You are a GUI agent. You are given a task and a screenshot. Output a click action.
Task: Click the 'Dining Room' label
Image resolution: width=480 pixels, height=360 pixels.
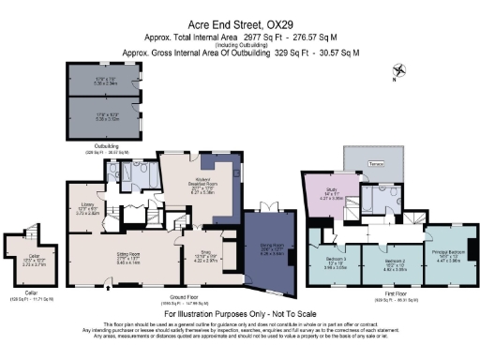click(x=271, y=248)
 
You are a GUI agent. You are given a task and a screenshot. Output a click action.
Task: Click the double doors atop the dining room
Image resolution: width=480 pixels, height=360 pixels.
click(x=267, y=206)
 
